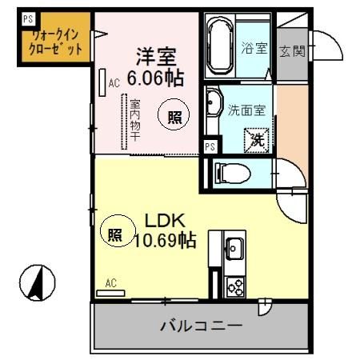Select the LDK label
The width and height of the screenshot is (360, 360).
click(164, 219)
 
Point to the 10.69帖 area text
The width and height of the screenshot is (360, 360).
click(165, 238)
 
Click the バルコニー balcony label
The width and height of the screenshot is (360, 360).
click(200, 326)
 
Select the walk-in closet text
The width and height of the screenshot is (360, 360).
click(56, 41)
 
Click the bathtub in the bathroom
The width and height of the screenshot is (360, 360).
click(218, 47)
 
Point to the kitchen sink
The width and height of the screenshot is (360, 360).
click(234, 248)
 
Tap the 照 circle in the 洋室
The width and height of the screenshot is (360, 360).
click(174, 116)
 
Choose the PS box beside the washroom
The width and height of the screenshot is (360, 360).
click(209, 146)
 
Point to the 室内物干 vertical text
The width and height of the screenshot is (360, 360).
click(134, 121)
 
